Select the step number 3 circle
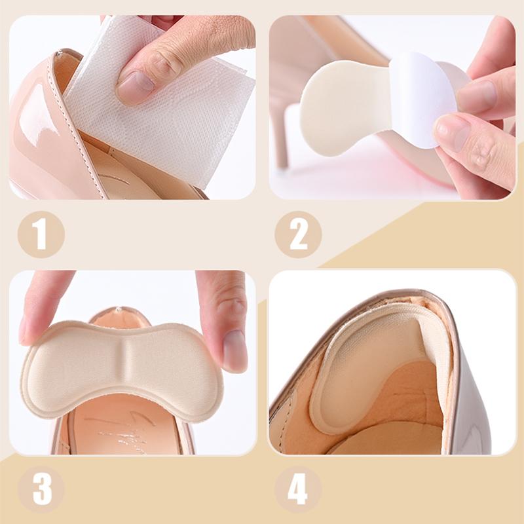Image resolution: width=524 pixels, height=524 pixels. tap(41, 488)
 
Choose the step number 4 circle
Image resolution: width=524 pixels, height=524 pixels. tap(298, 488)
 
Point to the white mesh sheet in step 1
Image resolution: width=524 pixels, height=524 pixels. tap(164, 124)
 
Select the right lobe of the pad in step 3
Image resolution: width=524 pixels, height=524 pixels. tap(177, 370)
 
